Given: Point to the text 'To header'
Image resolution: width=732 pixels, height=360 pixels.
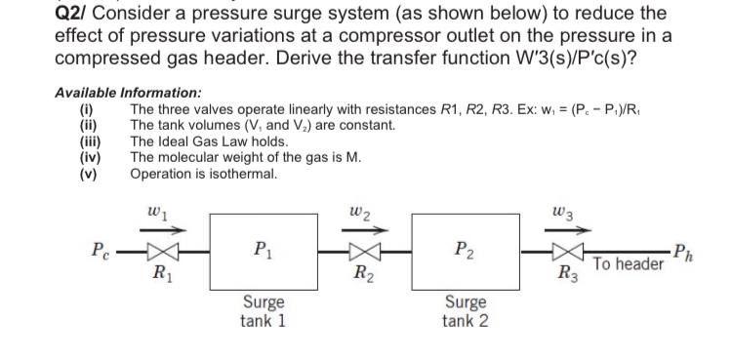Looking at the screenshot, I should point(628,263).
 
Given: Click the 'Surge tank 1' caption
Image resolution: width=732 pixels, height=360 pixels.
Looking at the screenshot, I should point(263,312).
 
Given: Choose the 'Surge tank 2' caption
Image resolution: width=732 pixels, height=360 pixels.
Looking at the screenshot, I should point(465,312).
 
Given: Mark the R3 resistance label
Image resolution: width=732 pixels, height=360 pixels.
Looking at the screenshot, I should point(563,274).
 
